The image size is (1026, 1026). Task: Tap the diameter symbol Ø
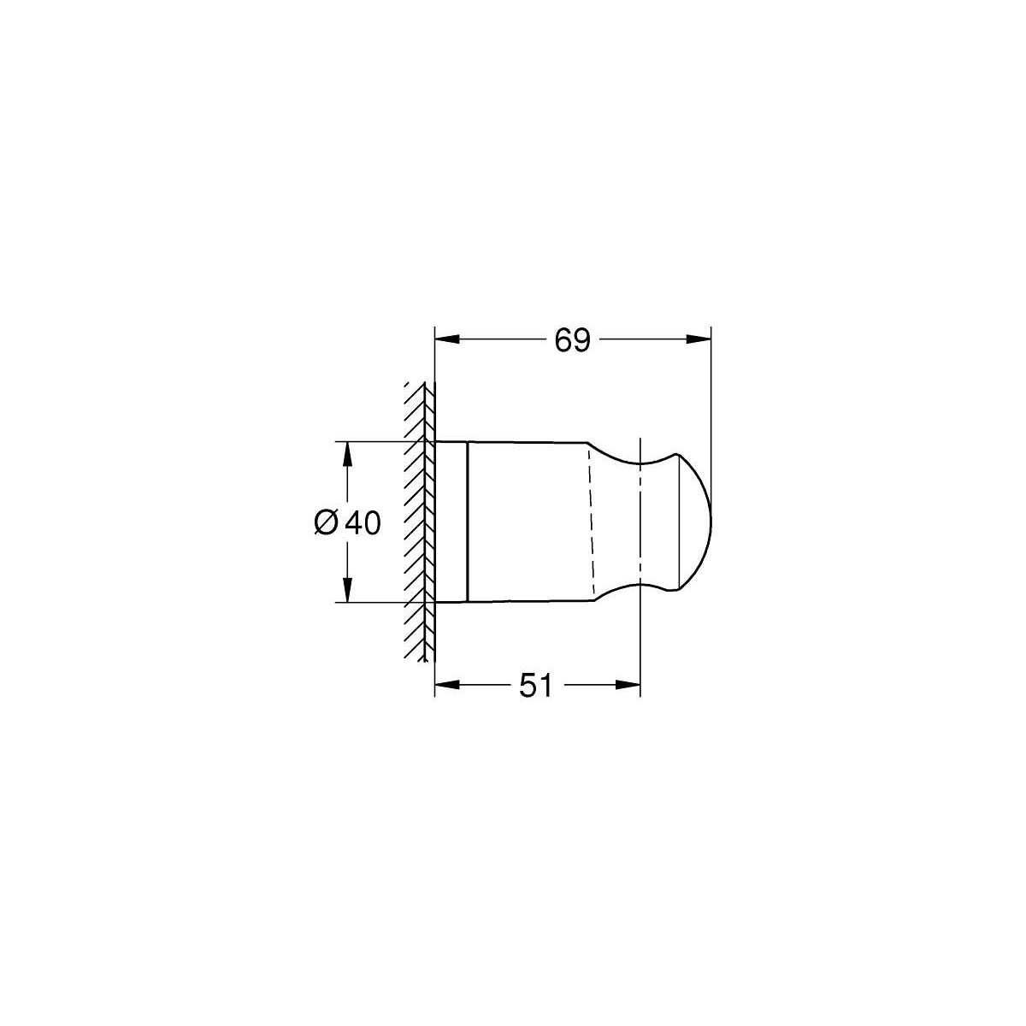click(327, 522)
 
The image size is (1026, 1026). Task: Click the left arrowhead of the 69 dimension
click(447, 339)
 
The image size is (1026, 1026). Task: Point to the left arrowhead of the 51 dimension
click(447, 685)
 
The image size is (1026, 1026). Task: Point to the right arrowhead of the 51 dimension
click(628, 685)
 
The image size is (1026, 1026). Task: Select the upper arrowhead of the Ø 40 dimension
click(347, 454)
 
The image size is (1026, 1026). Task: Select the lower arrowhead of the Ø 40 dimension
click(347, 590)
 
